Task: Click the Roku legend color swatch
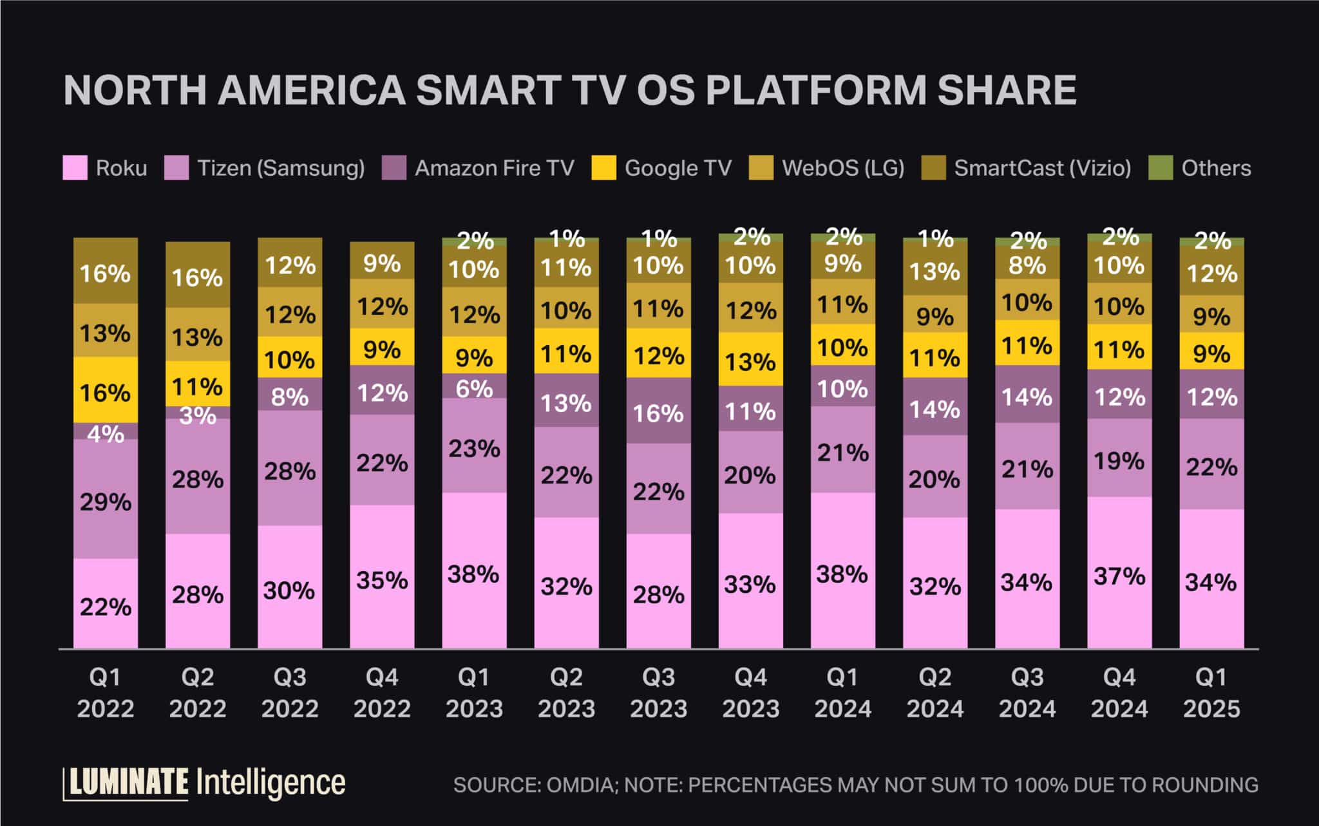[x=75, y=168]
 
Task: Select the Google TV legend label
[x=678, y=168]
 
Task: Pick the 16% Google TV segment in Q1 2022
[x=106, y=390]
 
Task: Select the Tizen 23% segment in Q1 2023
[x=474, y=446]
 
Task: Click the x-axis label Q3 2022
[x=290, y=693]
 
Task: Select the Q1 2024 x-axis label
[x=842, y=693]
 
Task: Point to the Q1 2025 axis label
[x=1211, y=693]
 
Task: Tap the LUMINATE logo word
[x=128, y=783]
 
